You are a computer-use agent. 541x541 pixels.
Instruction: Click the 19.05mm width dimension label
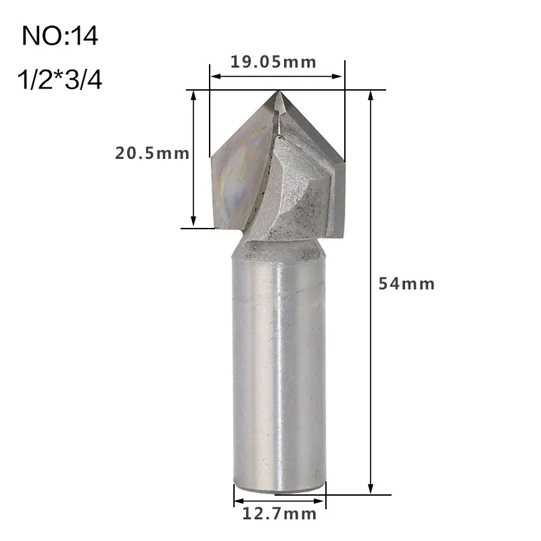coord(273,63)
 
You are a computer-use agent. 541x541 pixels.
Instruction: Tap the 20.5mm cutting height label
coord(152,154)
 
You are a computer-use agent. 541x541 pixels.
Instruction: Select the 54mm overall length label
coord(406,284)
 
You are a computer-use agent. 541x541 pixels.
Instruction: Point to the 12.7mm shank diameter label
coord(279,515)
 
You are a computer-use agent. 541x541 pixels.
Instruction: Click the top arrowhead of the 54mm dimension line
coord(371,95)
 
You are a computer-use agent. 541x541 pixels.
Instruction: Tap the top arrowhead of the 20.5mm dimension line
coord(194,95)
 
